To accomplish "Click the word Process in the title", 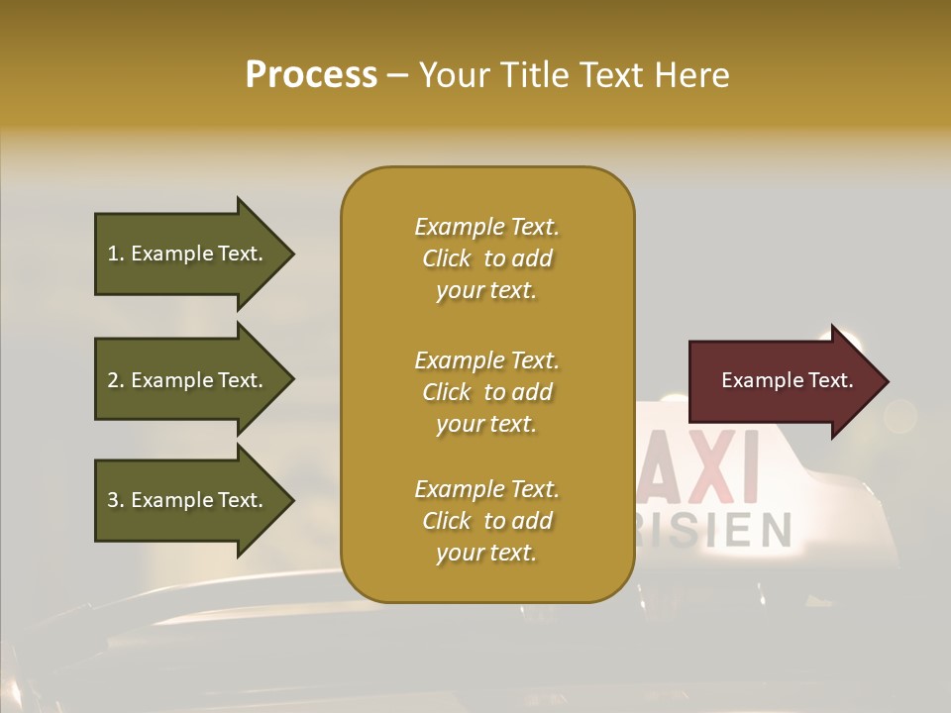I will (x=311, y=75).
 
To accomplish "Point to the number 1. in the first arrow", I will (x=115, y=254).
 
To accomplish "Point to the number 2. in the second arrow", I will (x=115, y=380).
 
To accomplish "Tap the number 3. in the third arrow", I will (x=115, y=500).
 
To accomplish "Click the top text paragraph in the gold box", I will (x=486, y=258).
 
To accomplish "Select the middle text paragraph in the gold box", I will (x=486, y=392).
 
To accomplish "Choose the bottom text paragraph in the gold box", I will (x=486, y=521).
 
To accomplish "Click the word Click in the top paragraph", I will (x=447, y=258).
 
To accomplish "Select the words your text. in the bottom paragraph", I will (x=486, y=553).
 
